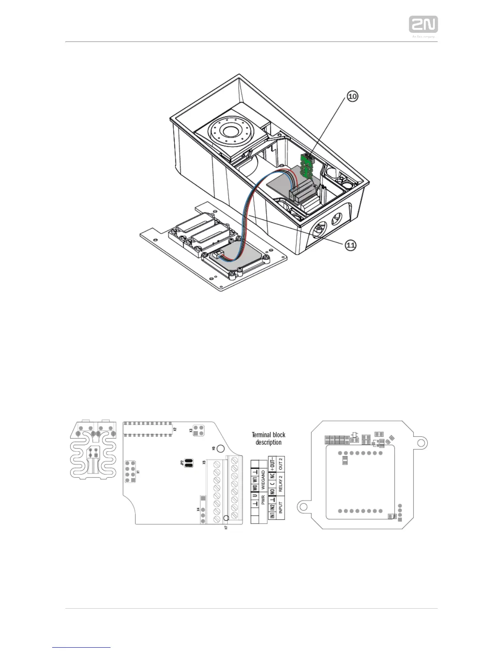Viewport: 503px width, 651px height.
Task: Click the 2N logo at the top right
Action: tap(423, 25)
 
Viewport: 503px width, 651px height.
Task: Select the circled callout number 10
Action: tap(352, 96)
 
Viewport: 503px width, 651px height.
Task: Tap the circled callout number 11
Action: tap(350, 245)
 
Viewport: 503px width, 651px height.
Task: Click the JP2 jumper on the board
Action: tap(189, 463)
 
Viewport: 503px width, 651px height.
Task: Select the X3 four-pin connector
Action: tap(199, 430)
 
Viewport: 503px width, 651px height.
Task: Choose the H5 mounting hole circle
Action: tap(220, 448)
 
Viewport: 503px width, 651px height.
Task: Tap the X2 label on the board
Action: tap(175, 429)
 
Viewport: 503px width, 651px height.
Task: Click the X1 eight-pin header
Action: tap(130, 472)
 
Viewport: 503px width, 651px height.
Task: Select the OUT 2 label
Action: tap(281, 463)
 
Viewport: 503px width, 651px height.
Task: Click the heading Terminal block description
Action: tap(268, 439)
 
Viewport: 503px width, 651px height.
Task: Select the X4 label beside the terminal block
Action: tap(198, 510)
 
